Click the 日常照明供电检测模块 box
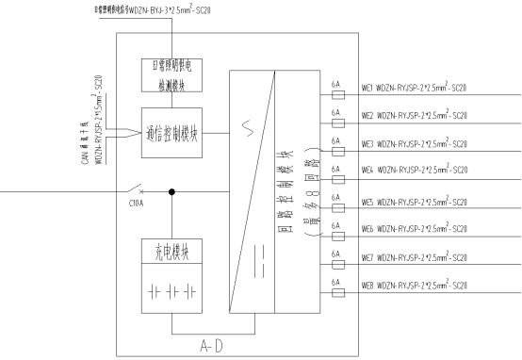pyautogui.click(x=171, y=75)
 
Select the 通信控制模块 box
pyautogui.click(x=171, y=132)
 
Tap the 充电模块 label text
pyautogui.click(x=171, y=252)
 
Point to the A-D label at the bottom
pyautogui.click(x=235, y=347)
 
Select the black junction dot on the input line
pyautogui.click(x=171, y=192)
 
